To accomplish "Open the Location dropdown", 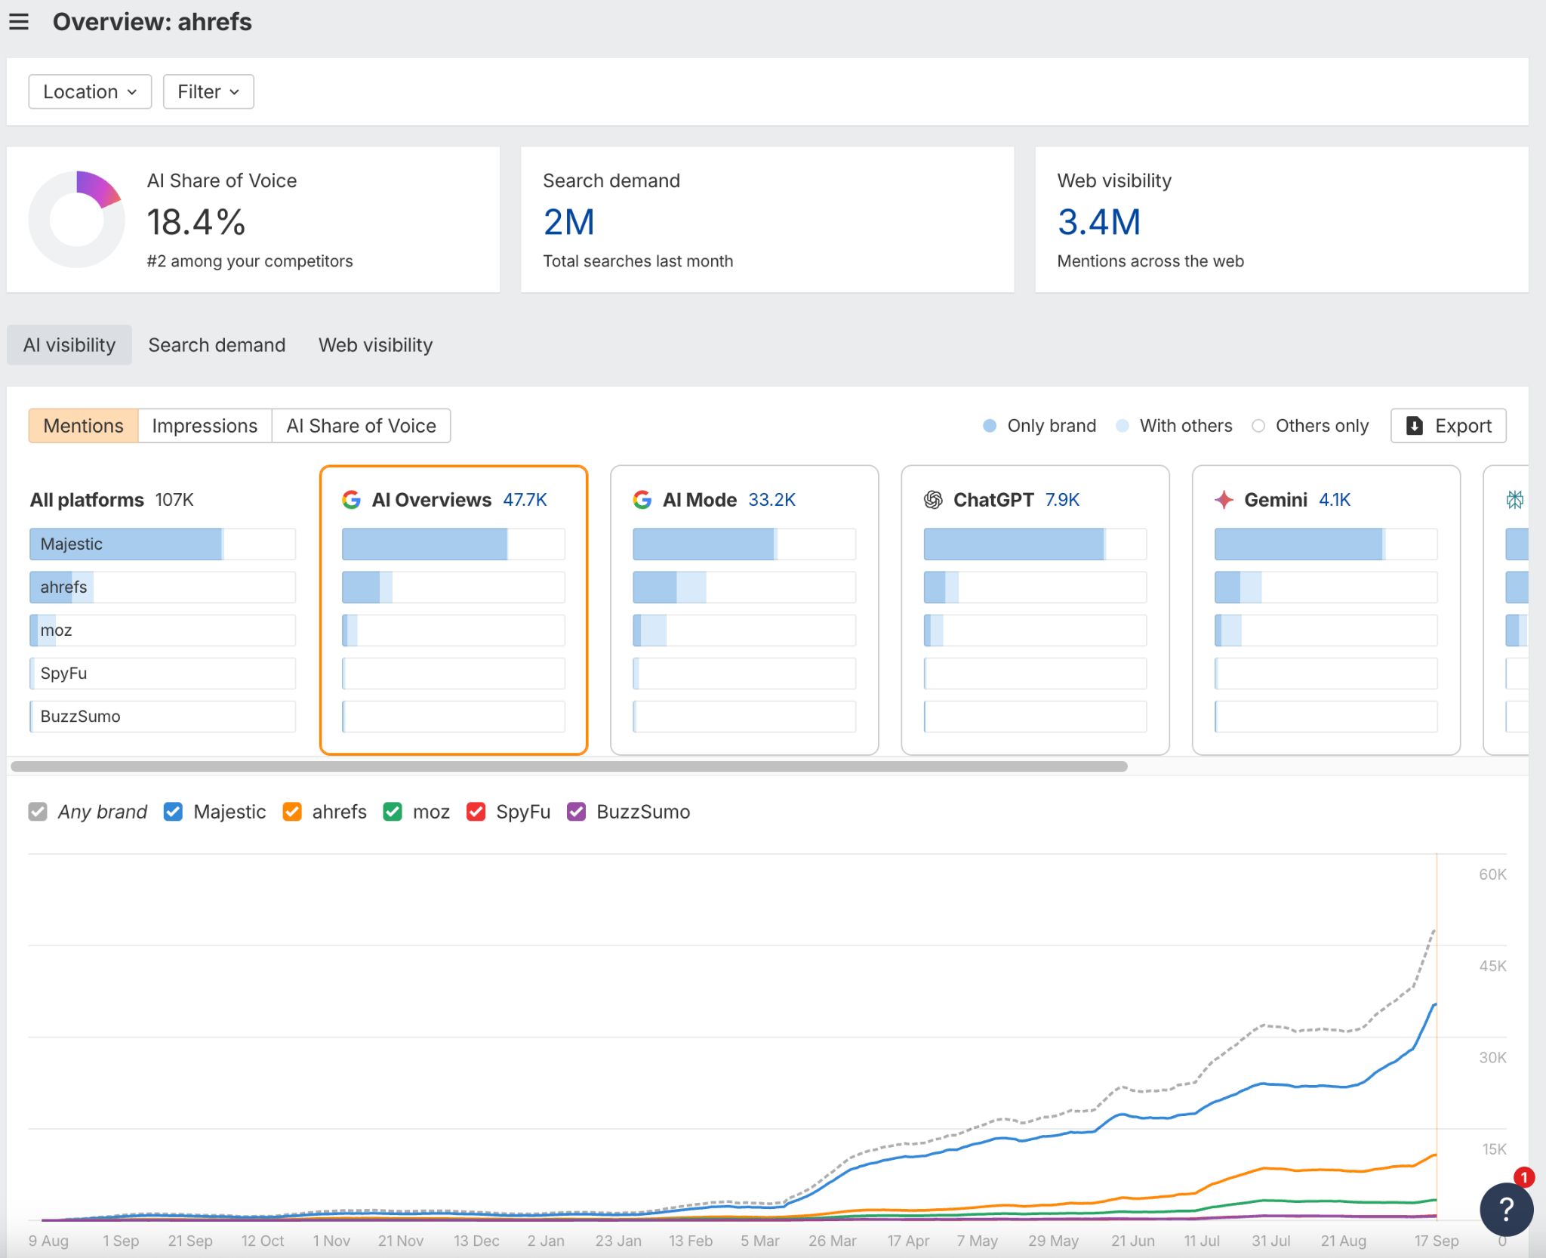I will click(90, 91).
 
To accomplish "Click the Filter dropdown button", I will click(208, 91).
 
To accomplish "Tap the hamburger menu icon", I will click(19, 22).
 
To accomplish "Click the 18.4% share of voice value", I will click(196, 222).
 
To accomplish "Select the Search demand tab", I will click(217, 345).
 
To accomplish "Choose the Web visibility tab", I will click(375, 345).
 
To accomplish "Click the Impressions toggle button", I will click(205, 426).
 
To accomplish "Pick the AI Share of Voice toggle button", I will click(361, 426).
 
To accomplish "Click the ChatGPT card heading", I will click(993, 500).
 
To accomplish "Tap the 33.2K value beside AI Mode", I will click(771, 500).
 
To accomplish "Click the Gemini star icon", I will click(1224, 500).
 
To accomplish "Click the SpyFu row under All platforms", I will click(162, 673).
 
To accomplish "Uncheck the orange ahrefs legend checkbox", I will click(292, 812).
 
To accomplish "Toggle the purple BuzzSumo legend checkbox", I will click(577, 812).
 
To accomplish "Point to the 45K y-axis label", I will click(1492, 966).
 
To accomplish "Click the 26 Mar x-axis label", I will click(832, 1241).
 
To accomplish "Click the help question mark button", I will click(1505, 1209).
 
